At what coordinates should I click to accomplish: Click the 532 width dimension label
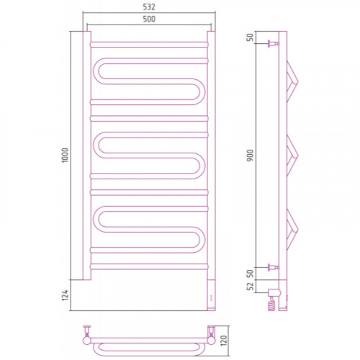(x=149, y=7)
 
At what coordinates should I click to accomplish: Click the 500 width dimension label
(x=149, y=19)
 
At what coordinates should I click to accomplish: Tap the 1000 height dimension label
(x=65, y=156)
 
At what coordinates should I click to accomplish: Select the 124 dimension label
(x=65, y=295)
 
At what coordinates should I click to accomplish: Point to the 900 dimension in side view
(x=250, y=156)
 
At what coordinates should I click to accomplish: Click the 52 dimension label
(x=250, y=286)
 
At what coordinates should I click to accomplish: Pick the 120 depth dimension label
(x=223, y=341)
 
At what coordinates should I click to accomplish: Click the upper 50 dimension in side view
(x=250, y=37)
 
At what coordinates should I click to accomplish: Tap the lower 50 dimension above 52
(x=250, y=274)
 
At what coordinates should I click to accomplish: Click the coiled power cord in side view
(x=271, y=305)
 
